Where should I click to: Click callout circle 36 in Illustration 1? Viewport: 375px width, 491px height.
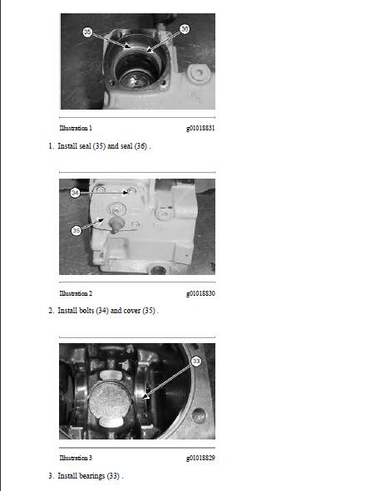[x=185, y=28]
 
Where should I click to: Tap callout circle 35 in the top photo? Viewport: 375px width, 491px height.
[x=87, y=32]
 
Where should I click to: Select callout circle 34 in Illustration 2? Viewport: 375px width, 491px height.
[x=75, y=193]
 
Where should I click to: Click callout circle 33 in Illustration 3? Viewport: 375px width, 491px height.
[x=196, y=361]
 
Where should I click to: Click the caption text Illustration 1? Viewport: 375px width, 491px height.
[x=76, y=129]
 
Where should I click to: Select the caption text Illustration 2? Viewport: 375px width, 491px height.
[x=76, y=293]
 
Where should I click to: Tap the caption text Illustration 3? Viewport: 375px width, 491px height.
[x=76, y=458]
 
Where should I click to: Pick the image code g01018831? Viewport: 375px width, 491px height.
[x=200, y=129]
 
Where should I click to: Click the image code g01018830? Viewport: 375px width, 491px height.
[x=200, y=293]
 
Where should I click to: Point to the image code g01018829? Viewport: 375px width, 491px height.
[x=200, y=458]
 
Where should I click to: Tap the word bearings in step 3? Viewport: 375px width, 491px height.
[x=91, y=476]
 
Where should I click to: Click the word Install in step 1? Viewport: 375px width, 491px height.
[x=67, y=146]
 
